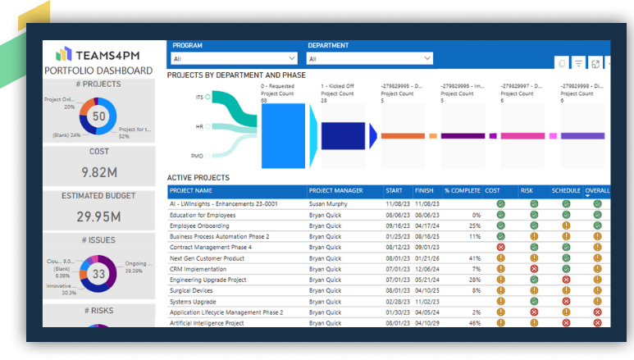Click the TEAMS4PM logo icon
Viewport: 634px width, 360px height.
63,54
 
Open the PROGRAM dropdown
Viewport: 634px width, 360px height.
234,58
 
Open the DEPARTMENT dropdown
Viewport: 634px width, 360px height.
369,58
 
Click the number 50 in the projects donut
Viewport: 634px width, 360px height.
99,116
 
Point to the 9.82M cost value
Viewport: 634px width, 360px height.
99,172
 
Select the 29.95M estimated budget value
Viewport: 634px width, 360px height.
99,216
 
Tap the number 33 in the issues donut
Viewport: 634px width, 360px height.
99,274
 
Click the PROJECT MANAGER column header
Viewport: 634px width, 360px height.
335,191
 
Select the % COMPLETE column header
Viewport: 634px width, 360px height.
462,191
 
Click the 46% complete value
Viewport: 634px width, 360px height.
474,323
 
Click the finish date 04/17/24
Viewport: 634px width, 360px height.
426,225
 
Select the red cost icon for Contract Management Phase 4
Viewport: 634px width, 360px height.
500,247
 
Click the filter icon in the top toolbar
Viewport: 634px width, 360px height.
578,64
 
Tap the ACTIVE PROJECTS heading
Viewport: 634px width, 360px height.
198,177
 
